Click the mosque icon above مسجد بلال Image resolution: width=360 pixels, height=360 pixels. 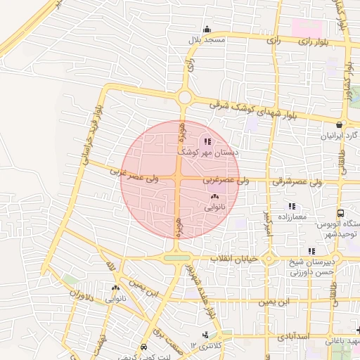pos(207,30)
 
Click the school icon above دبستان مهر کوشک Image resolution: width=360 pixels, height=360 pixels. pos(206,141)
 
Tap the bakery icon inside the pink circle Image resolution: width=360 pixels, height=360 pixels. pos(214,198)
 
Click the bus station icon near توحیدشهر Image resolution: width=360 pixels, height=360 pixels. pos(341,213)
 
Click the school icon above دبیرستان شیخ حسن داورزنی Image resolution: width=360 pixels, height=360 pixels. pos(311,251)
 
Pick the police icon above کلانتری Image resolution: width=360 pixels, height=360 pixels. pos(205,334)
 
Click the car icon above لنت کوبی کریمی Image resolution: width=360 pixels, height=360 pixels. pos(143,347)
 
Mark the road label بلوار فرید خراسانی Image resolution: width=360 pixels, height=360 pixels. pos(91,134)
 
